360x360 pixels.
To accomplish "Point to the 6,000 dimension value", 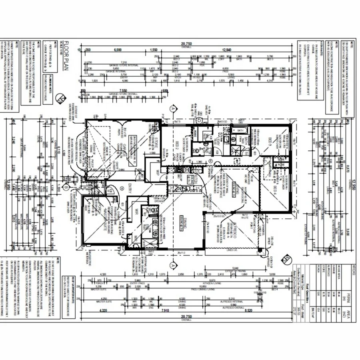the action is point(118,50).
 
